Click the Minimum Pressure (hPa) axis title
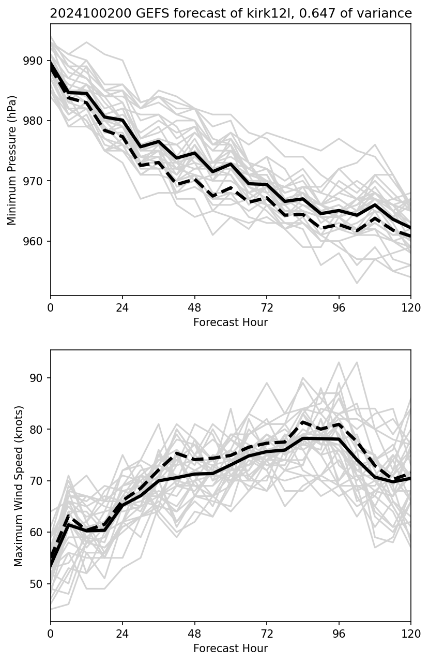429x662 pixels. point(12,160)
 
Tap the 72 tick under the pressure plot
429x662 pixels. point(267,307)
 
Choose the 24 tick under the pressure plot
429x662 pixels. point(122,307)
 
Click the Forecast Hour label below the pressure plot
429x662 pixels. point(231,322)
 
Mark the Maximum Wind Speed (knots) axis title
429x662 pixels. point(19,486)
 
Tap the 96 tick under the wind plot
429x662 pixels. point(339,633)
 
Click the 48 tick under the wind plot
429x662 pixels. point(195,633)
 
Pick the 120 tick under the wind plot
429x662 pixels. point(411,633)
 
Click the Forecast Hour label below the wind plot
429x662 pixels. point(231,649)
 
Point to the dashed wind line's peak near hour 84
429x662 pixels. point(303,422)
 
